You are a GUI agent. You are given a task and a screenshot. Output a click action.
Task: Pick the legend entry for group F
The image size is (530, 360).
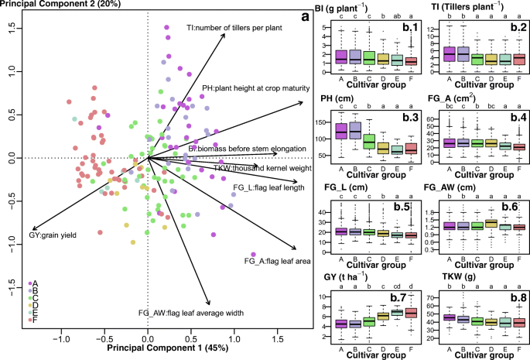point(33,307)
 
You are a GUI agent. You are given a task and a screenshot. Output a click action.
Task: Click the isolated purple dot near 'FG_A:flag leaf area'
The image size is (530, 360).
point(254,254)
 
